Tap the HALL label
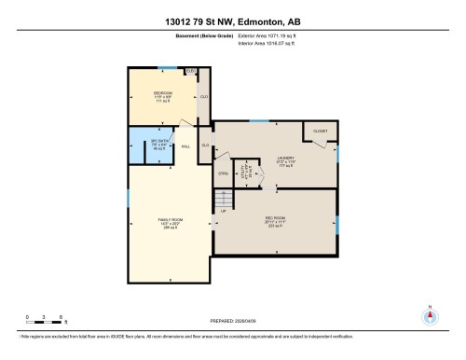tap(185, 146)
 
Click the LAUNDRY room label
tap(272, 159)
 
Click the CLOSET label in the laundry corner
tap(320, 132)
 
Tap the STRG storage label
tap(223, 173)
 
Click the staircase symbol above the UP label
tap(222, 198)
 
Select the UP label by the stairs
tap(223, 212)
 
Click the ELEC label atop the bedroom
tap(191, 71)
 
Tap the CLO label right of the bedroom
tap(203, 97)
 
